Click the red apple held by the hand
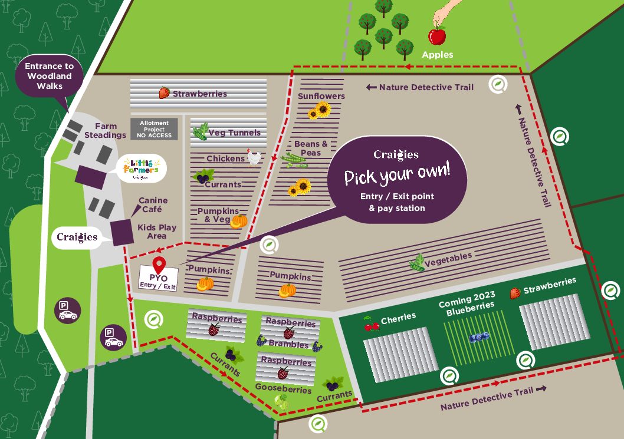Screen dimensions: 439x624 pos(436,37)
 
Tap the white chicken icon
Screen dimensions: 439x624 pos(254,157)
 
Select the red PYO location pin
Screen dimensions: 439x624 pos(158,265)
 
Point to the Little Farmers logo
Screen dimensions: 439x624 pos(141,169)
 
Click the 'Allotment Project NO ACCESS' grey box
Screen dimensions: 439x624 pos(154,129)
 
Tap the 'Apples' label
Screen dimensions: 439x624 pos(437,55)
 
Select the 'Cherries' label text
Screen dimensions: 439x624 pos(398,319)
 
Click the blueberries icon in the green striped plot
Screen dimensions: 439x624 pos(478,337)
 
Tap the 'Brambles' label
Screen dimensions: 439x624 pos(288,344)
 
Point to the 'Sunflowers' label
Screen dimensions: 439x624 pos(321,96)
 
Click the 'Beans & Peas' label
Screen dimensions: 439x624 pos(311,148)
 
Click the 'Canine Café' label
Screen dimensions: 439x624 pos(153,204)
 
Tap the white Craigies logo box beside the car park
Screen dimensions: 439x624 pos(77,237)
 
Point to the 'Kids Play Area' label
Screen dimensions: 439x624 pos(157,232)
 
